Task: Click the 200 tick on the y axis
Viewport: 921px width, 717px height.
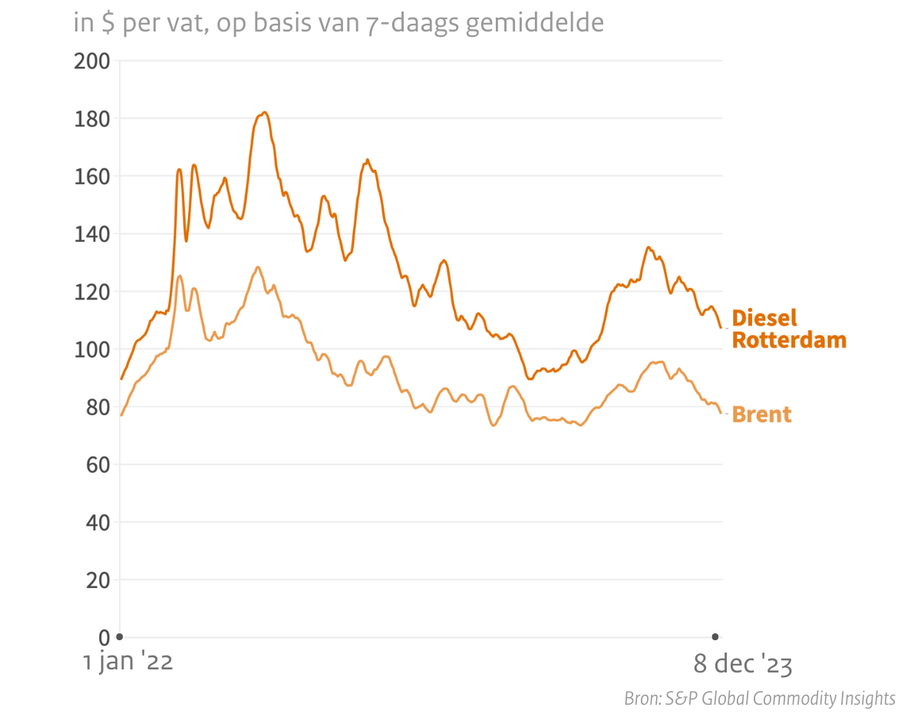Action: (92, 61)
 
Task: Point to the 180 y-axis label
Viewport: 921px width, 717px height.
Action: (92, 119)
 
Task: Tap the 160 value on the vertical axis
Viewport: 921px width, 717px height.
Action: (92, 177)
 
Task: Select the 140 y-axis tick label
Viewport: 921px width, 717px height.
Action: (92, 234)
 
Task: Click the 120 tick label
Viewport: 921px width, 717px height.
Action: (92, 292)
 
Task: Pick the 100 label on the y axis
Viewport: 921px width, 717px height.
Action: (92, 349)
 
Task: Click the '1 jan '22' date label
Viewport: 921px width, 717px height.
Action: (128, 662)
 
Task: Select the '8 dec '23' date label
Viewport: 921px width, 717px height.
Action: (742, 664)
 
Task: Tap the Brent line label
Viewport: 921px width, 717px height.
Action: (761, 415)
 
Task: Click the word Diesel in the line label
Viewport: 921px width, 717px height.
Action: (764, 318)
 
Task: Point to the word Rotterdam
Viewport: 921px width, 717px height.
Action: (789, 340)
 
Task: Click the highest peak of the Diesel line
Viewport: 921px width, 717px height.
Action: (264, 113)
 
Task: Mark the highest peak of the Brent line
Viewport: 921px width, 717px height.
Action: (258, 267)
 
